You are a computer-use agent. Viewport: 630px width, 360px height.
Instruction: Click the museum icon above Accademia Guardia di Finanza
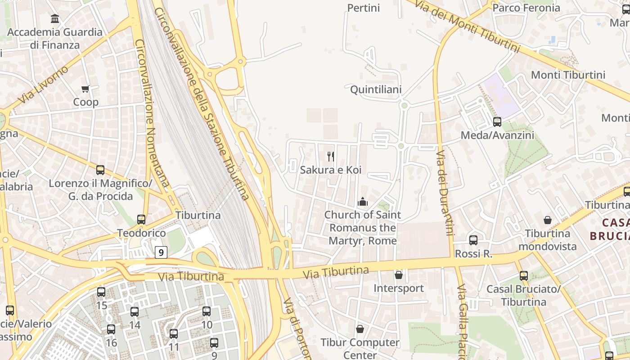coord(55,19)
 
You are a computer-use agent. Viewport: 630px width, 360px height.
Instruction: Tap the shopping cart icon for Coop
coord(85,89)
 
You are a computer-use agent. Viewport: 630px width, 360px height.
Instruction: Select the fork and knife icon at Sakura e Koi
coord(331,157)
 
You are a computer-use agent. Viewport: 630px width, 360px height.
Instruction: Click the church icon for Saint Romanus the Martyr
coord(362,202)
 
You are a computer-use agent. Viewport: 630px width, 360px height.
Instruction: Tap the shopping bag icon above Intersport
coord(399,275)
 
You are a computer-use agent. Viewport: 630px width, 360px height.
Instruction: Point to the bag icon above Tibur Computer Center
coord(360,329)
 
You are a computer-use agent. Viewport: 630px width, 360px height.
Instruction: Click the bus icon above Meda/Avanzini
coord(497,122)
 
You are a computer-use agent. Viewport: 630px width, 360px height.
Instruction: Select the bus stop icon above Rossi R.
coord(473,240)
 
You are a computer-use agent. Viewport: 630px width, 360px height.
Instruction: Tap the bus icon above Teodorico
coord(141,220)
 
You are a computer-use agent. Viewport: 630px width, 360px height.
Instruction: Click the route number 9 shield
coord(161,253)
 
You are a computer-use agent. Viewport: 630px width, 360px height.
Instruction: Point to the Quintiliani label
coord(376,90)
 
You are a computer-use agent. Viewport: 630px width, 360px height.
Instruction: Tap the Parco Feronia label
coord(526,8)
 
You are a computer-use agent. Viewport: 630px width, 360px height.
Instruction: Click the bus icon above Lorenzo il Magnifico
coord(100,170)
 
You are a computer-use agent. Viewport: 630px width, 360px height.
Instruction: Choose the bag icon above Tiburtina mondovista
coord(548,220)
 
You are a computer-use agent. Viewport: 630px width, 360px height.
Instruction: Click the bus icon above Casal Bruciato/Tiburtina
coord(524,276)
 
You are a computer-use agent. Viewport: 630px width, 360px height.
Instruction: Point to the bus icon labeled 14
coord(135,312)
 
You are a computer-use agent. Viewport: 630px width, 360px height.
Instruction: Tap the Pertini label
coord(364,8)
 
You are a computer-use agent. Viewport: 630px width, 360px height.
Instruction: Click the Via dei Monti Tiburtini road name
coord(467,27)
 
